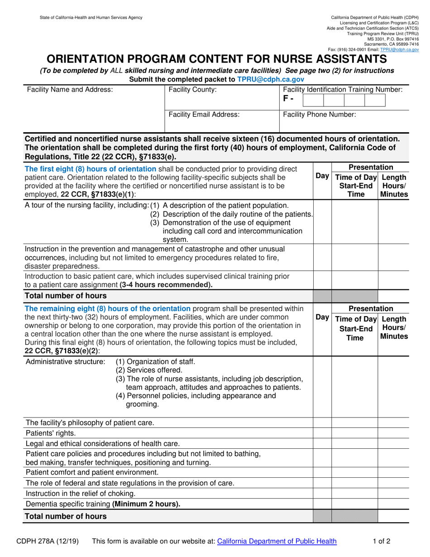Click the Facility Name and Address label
point(70,90)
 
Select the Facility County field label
point(192,90)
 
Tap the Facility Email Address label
point(204,115)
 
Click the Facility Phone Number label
point(320,115)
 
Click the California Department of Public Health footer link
point(277,541)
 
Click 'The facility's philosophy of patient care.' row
point(90,423)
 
